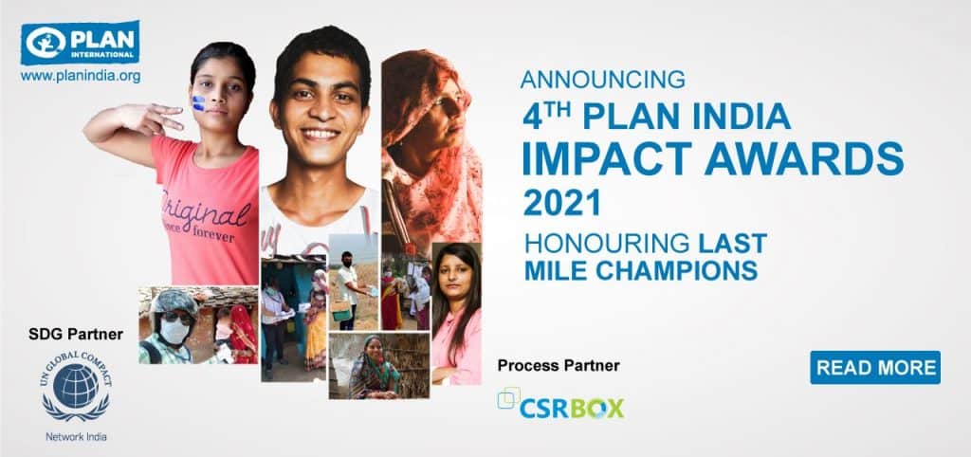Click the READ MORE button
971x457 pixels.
point(875,367)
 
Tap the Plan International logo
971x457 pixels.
point(81,42)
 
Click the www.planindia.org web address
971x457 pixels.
point(81,76)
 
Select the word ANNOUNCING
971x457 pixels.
point(603,80)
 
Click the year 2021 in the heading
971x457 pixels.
point(561,203)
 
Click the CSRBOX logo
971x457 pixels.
point(561,403)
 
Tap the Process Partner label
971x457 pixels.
point(559,366)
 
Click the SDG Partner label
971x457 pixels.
point(76,335)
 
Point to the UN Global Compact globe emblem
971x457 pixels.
point(76,385)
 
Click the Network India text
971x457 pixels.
point(76,436)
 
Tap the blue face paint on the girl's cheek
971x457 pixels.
point(198,103)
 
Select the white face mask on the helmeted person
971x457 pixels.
point(175,332)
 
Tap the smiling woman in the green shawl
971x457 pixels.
point(375,368)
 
